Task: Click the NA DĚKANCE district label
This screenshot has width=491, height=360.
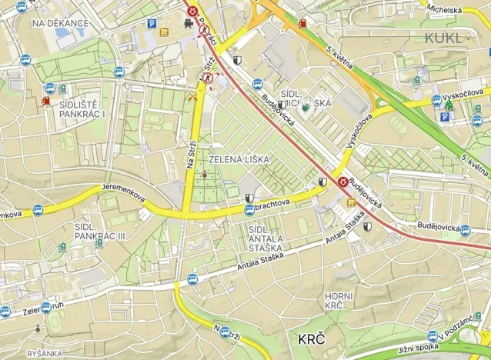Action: (x=60, y=23)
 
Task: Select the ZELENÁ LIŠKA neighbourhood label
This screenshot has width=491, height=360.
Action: (x=239, y=159)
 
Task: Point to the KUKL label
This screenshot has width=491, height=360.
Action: (x=443, y=37)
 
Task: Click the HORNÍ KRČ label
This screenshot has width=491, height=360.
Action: (x=339, y=301)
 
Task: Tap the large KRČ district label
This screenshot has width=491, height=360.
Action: (x=312, y=338)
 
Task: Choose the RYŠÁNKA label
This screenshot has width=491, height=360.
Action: (x=44, y=353)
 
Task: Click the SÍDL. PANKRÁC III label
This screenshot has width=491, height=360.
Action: (x=100, y=232)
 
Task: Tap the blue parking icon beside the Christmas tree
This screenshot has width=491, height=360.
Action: (x=445, y=117)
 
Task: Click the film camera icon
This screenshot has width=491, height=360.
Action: (x=189, y=25)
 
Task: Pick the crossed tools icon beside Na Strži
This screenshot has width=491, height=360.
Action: (x=192, y=97)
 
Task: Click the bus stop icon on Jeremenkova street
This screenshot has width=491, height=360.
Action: (x=37, y=209)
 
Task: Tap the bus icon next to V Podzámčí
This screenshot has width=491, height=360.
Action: (x=433, y=336)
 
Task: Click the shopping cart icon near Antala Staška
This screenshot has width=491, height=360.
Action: (x=352, y=202)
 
